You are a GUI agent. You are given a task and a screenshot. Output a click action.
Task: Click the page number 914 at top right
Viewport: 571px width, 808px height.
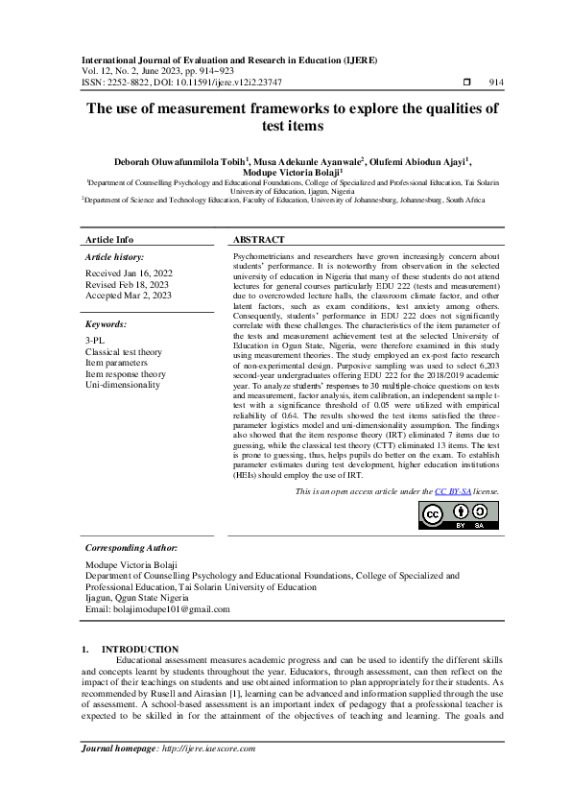(496, 83)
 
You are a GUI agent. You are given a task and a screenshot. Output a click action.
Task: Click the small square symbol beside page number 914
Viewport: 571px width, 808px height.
(467, 83)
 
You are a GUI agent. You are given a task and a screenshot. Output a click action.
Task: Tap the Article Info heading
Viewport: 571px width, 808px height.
(110, 239)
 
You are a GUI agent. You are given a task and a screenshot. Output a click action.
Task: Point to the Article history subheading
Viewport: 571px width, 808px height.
(115, 258)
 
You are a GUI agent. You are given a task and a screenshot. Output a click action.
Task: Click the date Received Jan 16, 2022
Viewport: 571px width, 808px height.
(127, 273)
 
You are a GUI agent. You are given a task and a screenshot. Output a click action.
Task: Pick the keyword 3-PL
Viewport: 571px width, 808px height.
(97, 343)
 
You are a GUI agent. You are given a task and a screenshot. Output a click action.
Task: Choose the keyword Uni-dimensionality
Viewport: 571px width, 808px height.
(123, 384)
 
